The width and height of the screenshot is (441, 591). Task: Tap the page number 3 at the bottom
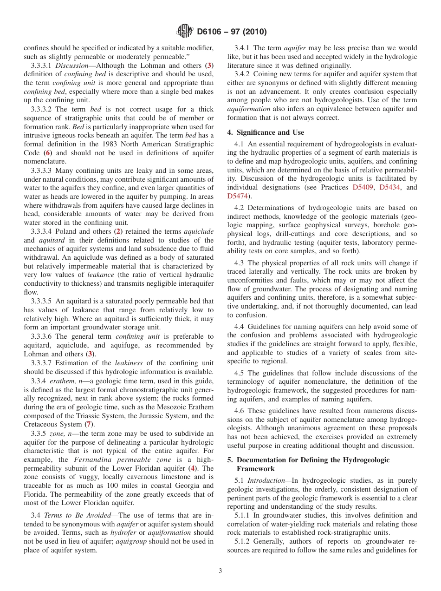pos(220,571)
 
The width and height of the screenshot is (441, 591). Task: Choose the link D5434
pos(391,187)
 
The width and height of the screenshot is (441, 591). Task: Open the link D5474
pos(237,196)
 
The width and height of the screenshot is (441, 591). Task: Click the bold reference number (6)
pos(47,153)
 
